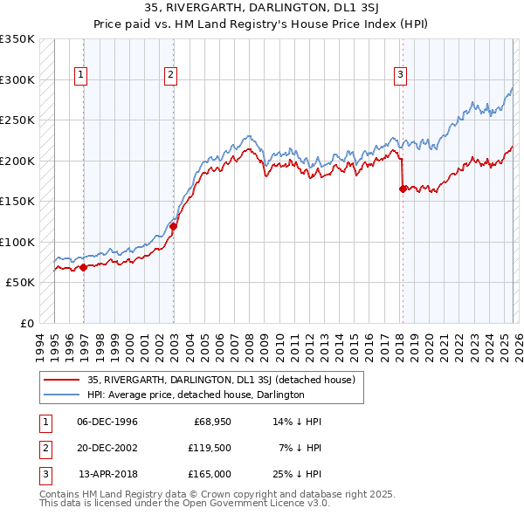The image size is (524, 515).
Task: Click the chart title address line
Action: [262, 8]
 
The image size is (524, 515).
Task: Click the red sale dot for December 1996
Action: [84, 267]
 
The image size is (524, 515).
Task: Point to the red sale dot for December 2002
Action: [174, 226]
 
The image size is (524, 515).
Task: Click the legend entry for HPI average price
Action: [196, 395]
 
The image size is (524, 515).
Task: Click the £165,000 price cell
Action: [210, 474]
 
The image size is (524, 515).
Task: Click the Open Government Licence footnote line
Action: [184, 503]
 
